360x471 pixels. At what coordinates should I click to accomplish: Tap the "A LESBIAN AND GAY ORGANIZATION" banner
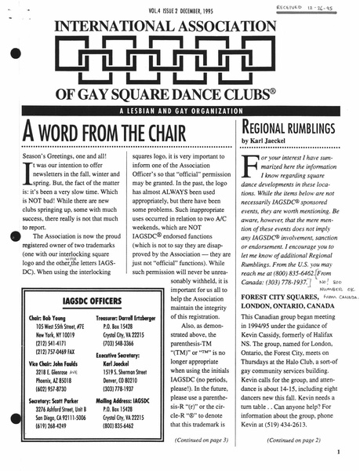coord(180,110)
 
